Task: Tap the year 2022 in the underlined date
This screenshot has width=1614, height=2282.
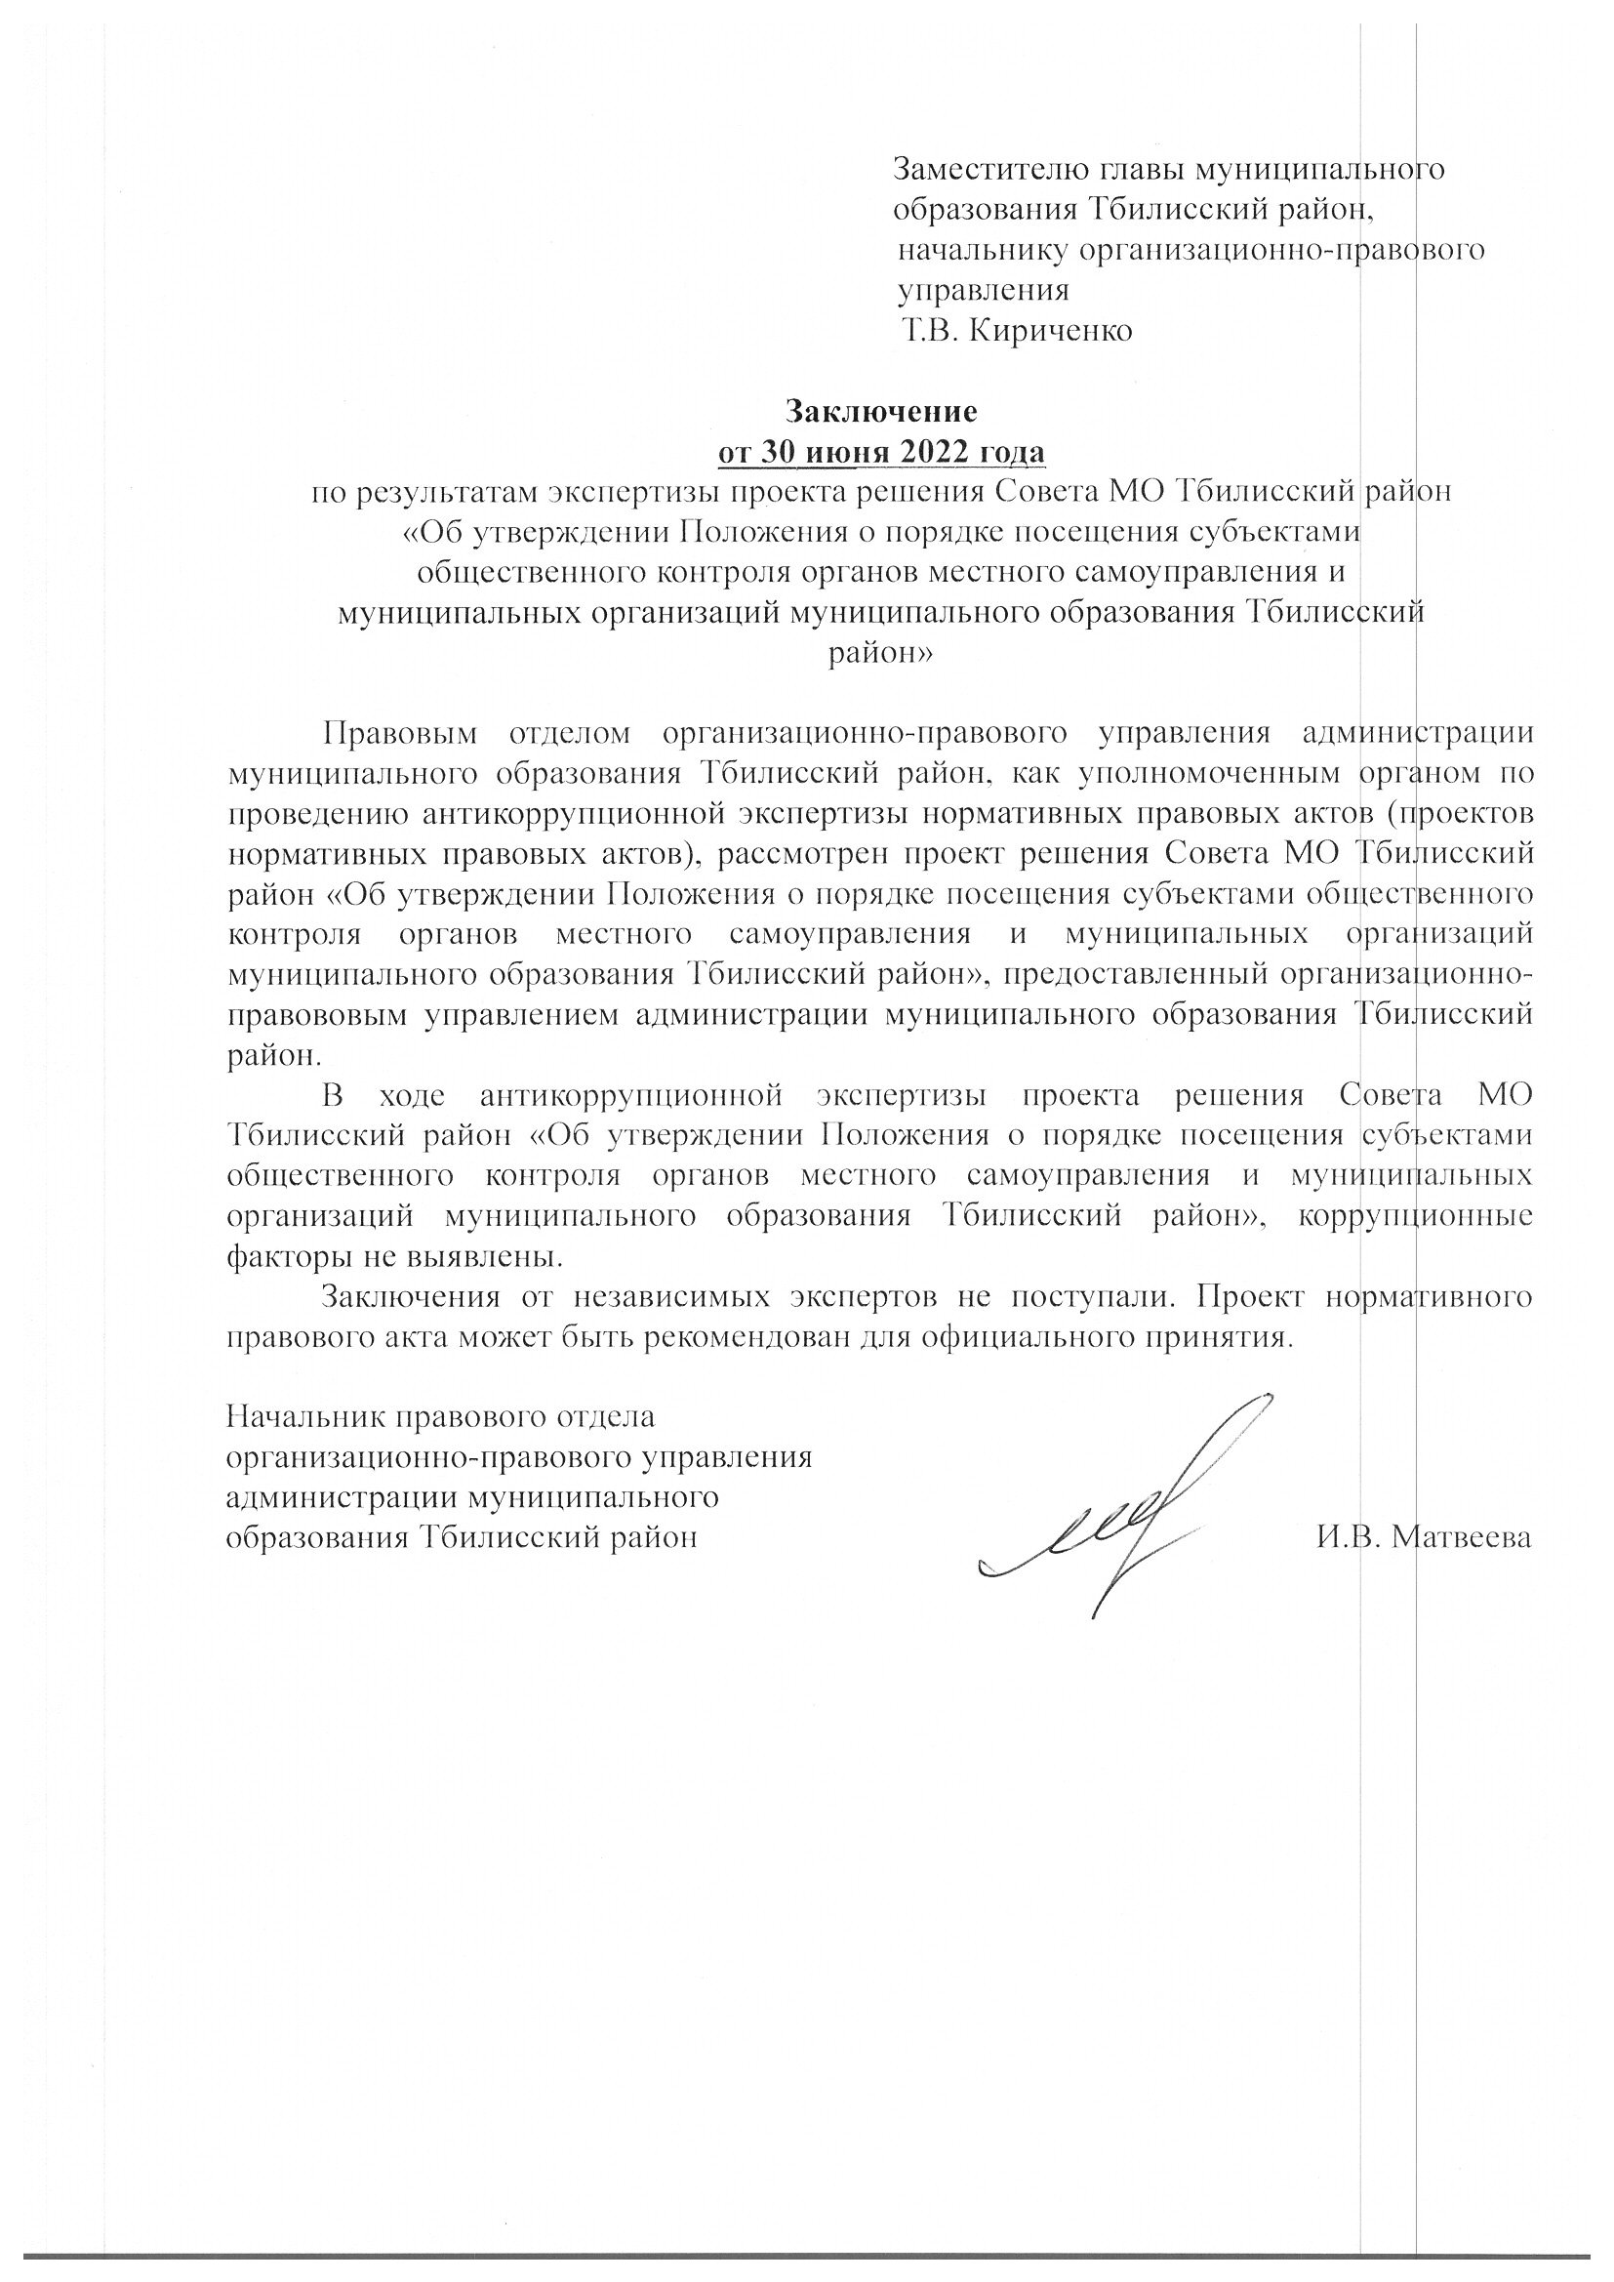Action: coord(938,452)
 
